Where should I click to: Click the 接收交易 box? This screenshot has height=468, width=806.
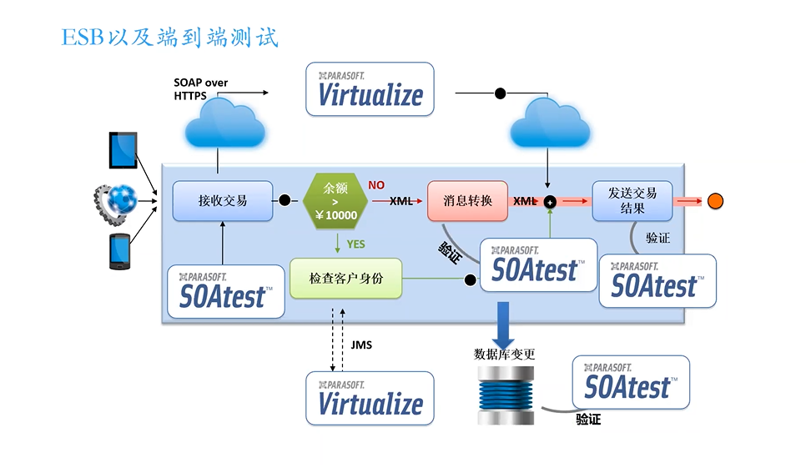point(223,201)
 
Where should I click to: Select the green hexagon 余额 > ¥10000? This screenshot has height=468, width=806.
point(335,201)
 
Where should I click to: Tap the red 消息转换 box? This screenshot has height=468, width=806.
point(467,201)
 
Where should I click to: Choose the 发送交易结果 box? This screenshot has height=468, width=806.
point(632,201)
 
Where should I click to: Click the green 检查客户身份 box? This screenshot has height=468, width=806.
point(346,279)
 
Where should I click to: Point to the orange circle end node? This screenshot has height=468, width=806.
point(715,201)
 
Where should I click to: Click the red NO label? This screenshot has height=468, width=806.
point(376,185)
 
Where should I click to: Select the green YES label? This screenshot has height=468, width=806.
point(355,244)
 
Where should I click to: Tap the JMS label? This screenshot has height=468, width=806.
point(361,345)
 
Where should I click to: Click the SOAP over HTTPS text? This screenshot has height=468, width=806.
point(200,89)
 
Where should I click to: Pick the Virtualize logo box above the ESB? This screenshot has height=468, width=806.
point(370,89)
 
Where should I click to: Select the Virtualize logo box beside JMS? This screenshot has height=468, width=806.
point(370,399)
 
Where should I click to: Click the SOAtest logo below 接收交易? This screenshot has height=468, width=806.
point(226,292)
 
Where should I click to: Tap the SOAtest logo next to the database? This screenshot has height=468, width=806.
point(632,382)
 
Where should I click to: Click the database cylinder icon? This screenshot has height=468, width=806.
point(506,395)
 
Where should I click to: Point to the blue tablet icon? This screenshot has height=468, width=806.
point(123,150)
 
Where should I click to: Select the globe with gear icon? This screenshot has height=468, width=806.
point(116,204)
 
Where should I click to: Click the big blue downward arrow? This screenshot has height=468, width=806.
point(503,325)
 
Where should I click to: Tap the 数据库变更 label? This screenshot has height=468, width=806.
point(504,354)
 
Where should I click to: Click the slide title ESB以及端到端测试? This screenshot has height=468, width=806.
point(169,38)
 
